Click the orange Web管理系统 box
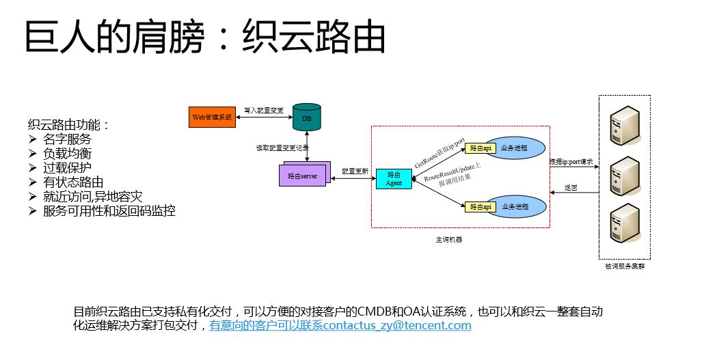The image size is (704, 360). pos(211,117)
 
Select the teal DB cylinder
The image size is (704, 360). pos(305,117)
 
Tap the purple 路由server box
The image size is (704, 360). pos(303,176)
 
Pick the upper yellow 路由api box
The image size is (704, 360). pos(480,148)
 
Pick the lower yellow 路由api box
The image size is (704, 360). pos(480,206)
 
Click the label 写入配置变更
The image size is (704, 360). pos(263,109)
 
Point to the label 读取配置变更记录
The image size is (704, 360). pos(282,148)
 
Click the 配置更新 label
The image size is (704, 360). pos(354,171)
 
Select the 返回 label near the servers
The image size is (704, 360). pos(571,187)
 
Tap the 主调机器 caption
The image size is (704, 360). pos(448,240)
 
